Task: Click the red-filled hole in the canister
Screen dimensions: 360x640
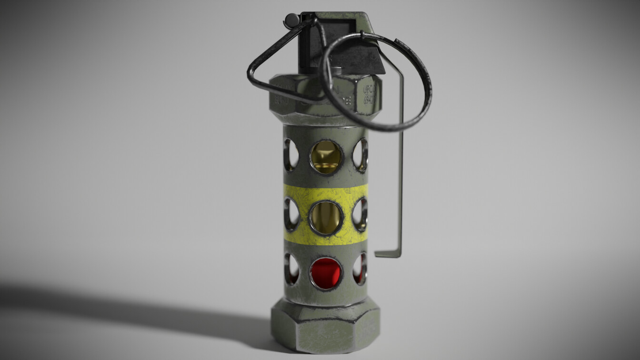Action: (x=326, y=273)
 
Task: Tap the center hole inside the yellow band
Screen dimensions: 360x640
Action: (x=326, y=218)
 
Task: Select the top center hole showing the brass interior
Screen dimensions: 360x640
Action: (x=326, y=157)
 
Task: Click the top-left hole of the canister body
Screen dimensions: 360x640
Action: (x=291, y=155)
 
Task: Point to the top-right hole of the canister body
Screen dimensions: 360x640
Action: (x=360, y=155)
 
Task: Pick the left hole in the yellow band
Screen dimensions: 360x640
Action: (x=291, y=214)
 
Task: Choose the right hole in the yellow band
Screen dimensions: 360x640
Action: (x=360, y=215)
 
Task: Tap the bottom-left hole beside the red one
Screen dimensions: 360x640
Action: (x=291, y=269)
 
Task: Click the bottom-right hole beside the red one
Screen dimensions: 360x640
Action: (x=360, y=269)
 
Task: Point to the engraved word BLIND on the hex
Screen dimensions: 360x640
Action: (x=281, y=100)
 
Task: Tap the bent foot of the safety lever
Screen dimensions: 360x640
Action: (x=387, y=254)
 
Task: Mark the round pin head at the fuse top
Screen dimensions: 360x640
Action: (x=290, y=20)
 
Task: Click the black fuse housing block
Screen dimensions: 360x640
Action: (x=333, y=48)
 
